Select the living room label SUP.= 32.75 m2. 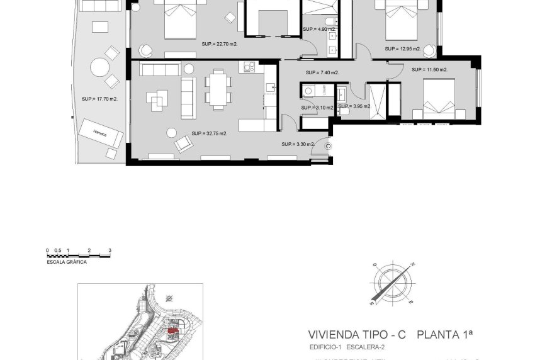(209, 133)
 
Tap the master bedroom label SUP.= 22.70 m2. (219, 44)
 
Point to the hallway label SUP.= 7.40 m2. (322, 72)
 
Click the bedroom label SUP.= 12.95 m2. (402, 48)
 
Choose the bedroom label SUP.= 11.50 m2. (429, 69)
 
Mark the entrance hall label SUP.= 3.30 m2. (298, 144)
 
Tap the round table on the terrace (99, 67)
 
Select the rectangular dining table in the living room (218, 89)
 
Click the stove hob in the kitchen (246, 67)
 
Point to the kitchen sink (270, 89)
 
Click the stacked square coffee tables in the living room (157, 99)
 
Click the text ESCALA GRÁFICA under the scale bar (67, 262)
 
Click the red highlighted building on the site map (171, 329)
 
